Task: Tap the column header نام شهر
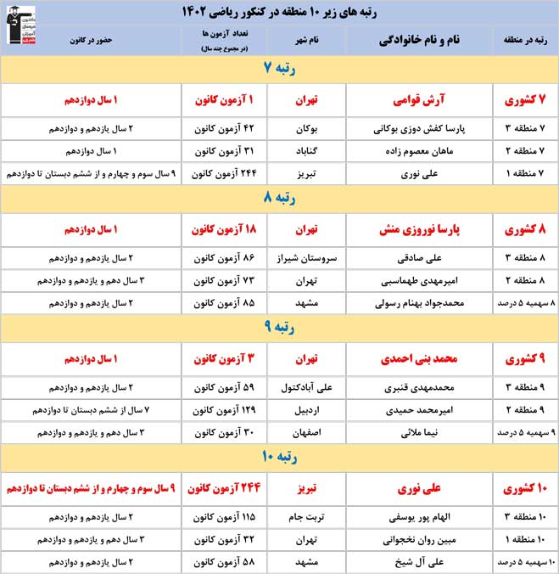click(x=305, y=39)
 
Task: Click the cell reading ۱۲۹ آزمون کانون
click(x=225, y=410)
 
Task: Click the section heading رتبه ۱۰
click(x=279, y=459)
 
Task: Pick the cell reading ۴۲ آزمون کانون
click(x=225, y=129)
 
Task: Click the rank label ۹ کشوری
click(x=525, y=358)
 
